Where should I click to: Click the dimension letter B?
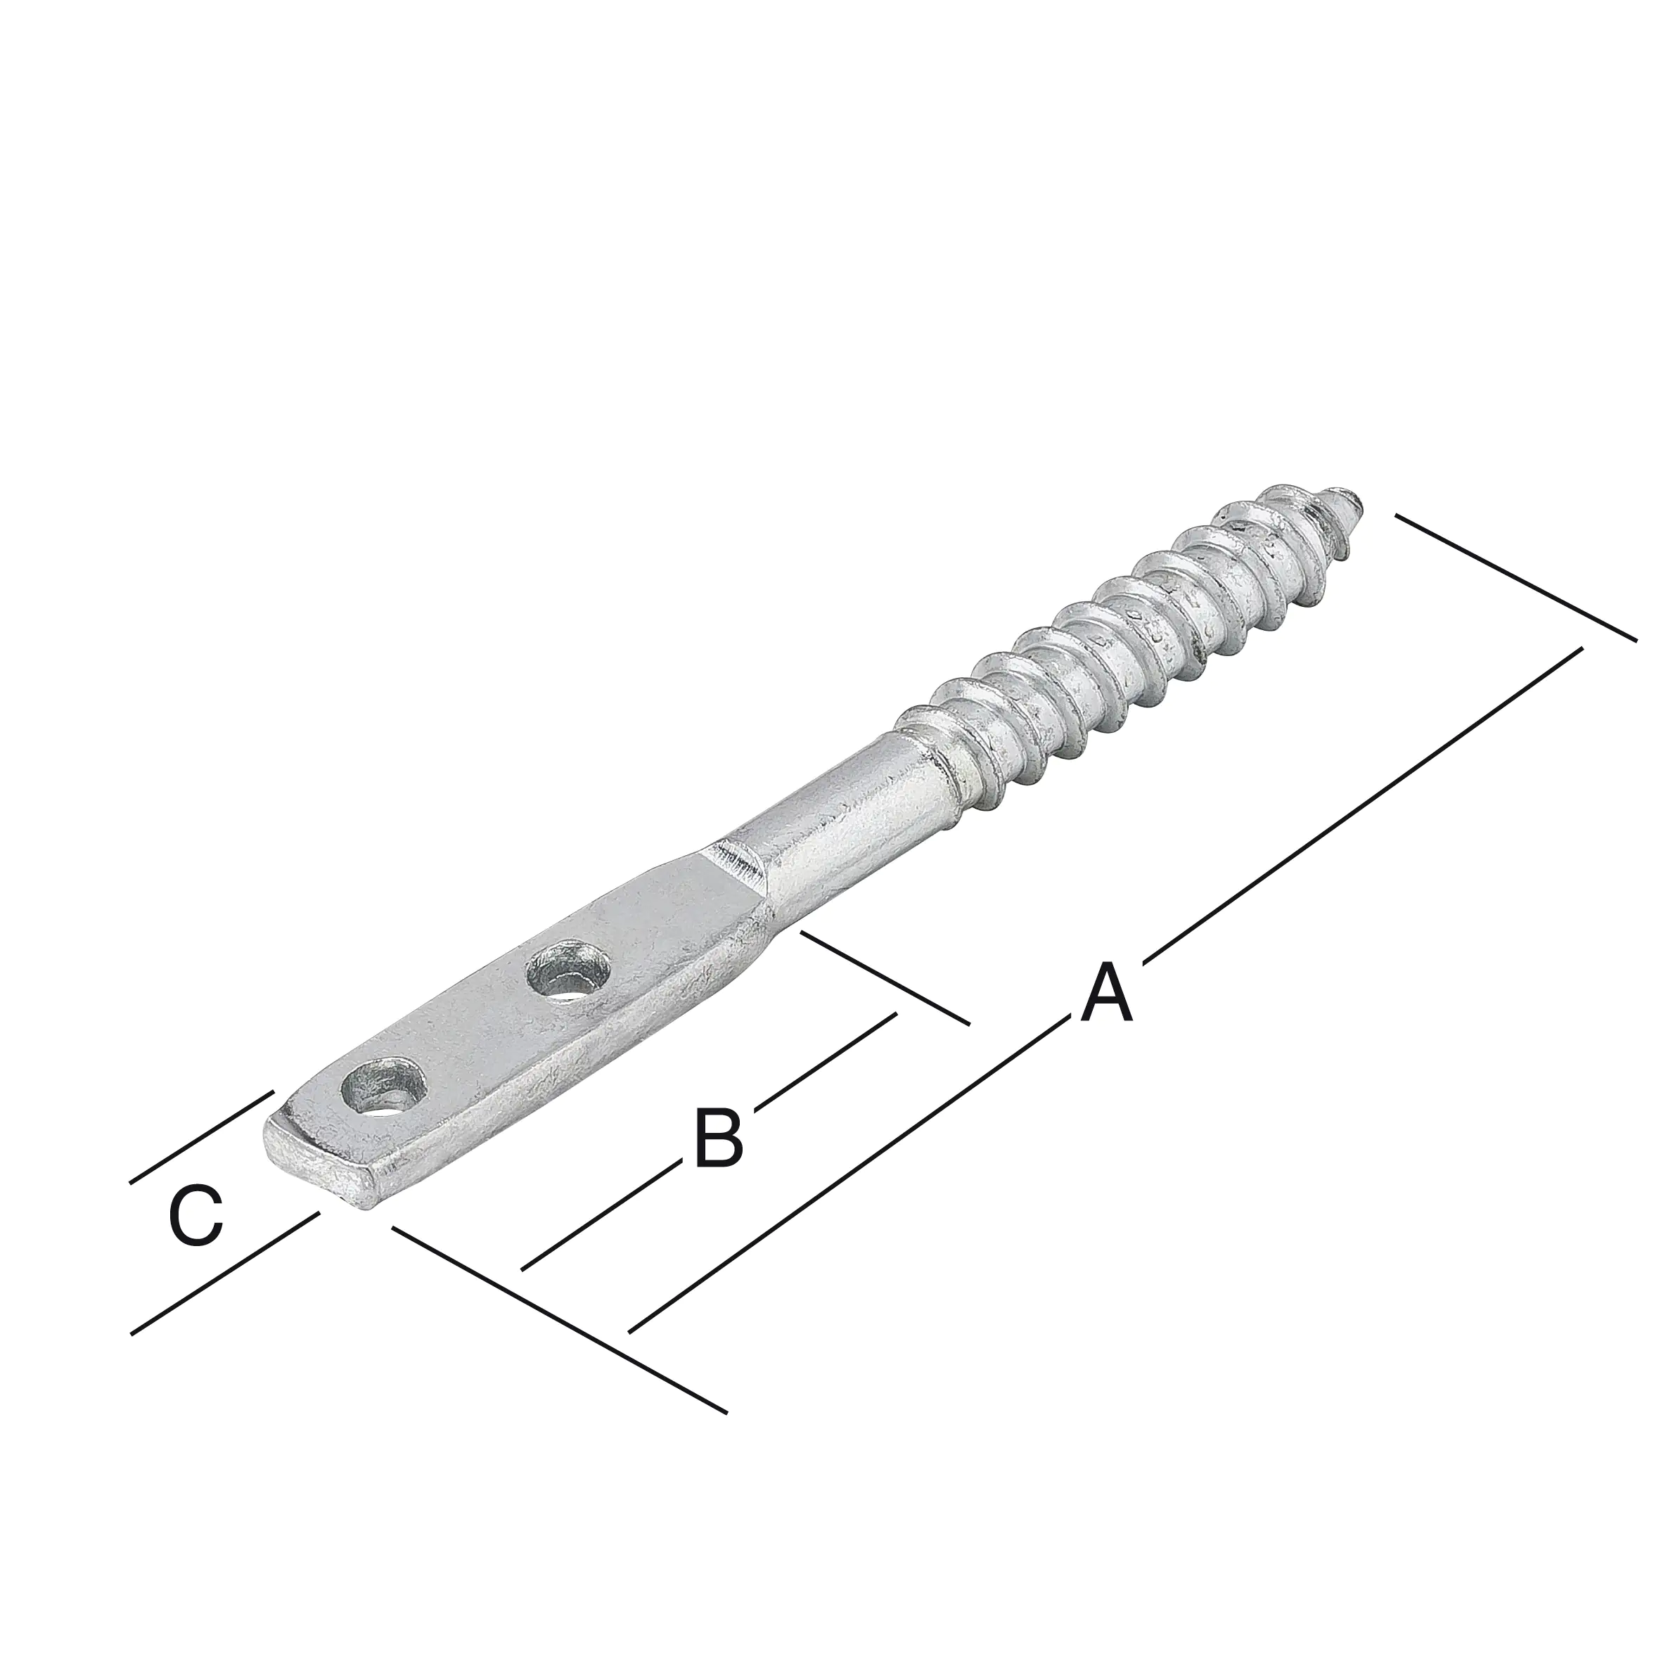pos(718,1139)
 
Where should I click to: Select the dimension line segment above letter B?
pos(830,1058)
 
